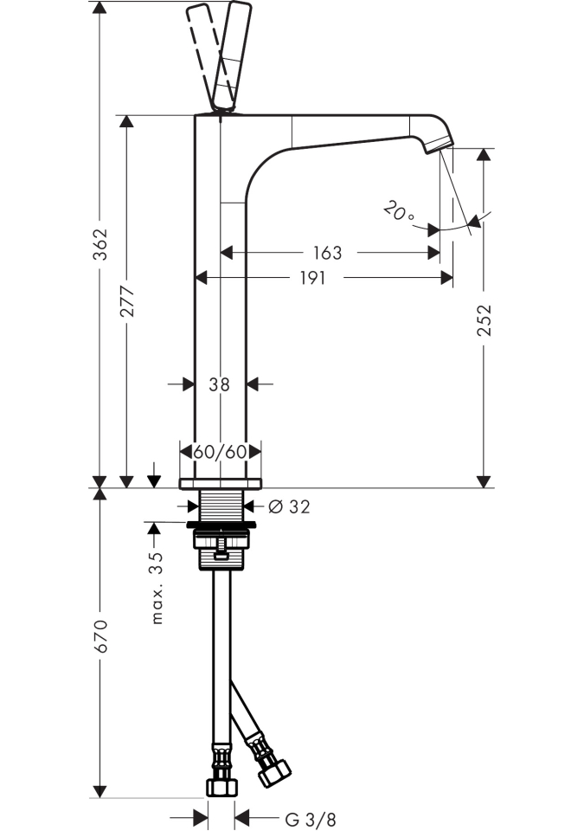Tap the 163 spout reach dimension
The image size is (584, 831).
(327, 253)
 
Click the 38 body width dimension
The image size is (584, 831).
(220, 384)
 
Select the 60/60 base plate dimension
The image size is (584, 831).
(221, 452)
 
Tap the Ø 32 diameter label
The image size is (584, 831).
(289, 506)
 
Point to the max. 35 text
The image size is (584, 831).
(157, 589)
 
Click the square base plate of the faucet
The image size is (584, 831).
(220, 482)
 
